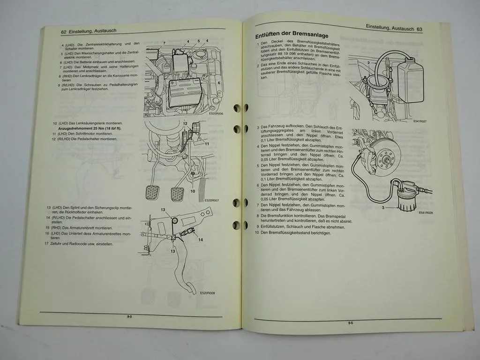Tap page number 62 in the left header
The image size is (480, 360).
point(64,31)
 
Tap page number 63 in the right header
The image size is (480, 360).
point(419,29)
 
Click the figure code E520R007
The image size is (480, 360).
point(211,200)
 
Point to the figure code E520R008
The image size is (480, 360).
point(207,293)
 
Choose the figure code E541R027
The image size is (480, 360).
point(420,121)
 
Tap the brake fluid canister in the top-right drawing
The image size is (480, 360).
point(410,80)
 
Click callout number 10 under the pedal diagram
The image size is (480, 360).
point(192,191)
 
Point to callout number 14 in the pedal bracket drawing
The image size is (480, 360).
point(200,240)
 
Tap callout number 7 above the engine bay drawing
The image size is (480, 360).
point(165,43)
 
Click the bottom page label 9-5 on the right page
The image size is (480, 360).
point(350,323)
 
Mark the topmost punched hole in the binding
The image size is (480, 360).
point(237,108)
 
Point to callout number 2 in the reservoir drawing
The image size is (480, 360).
point(369,63)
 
